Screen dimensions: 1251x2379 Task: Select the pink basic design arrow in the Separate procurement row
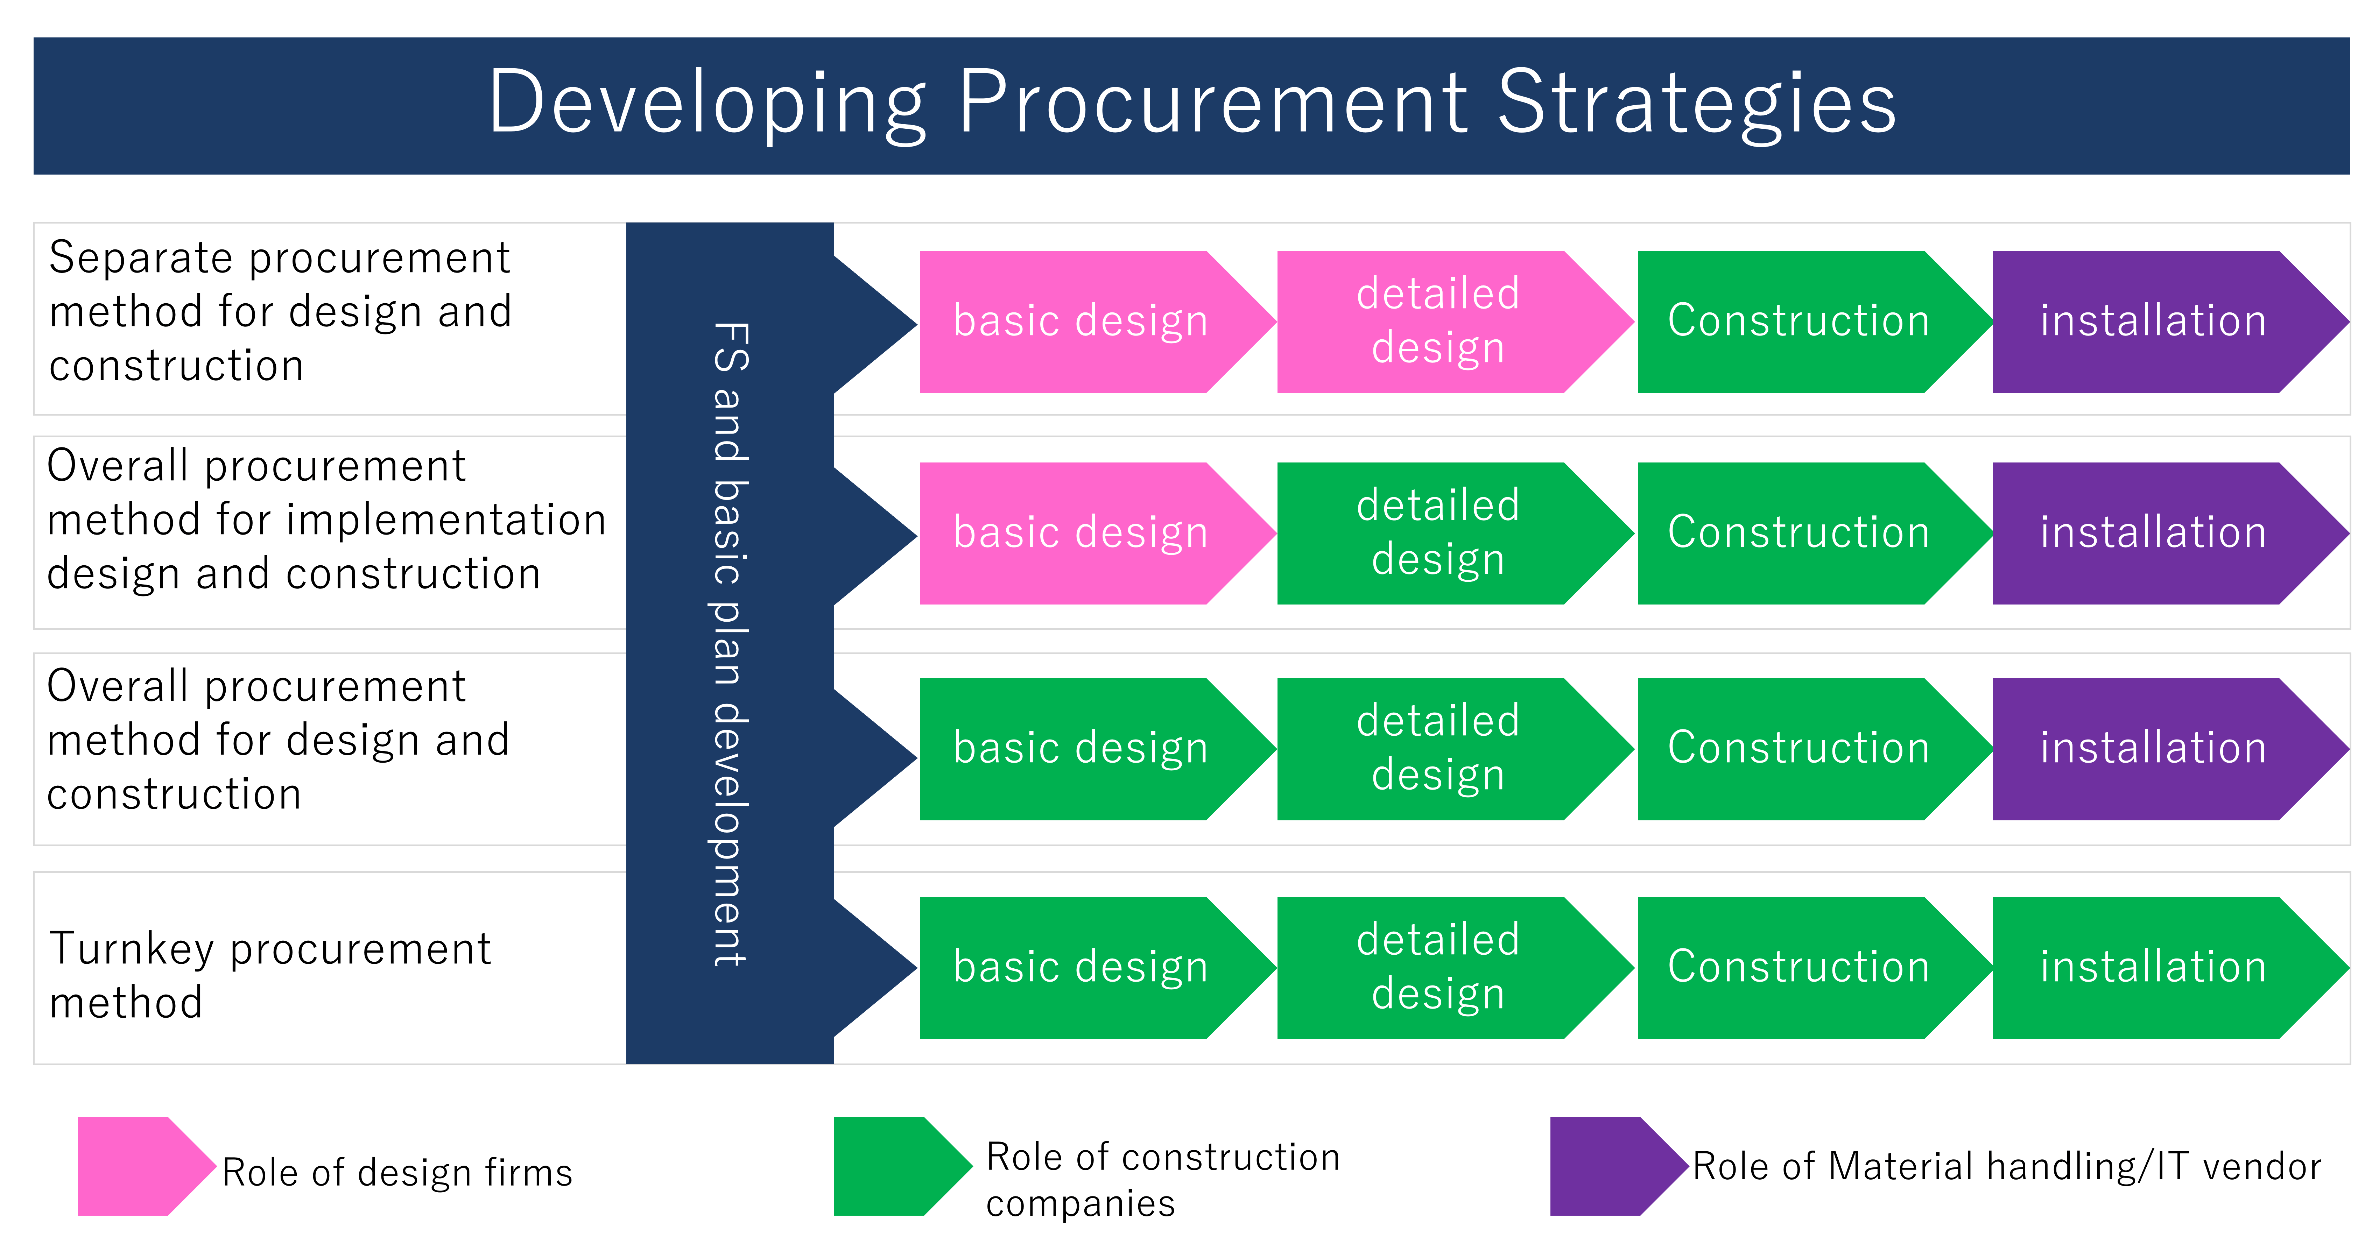1081,321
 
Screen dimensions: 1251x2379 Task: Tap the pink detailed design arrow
1438,321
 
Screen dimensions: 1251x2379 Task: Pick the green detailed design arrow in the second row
1438,533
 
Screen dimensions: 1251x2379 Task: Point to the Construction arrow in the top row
1798,321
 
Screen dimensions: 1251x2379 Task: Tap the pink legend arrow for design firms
139,1165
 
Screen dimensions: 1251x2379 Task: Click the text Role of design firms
397,1173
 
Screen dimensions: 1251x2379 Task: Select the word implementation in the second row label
446,520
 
